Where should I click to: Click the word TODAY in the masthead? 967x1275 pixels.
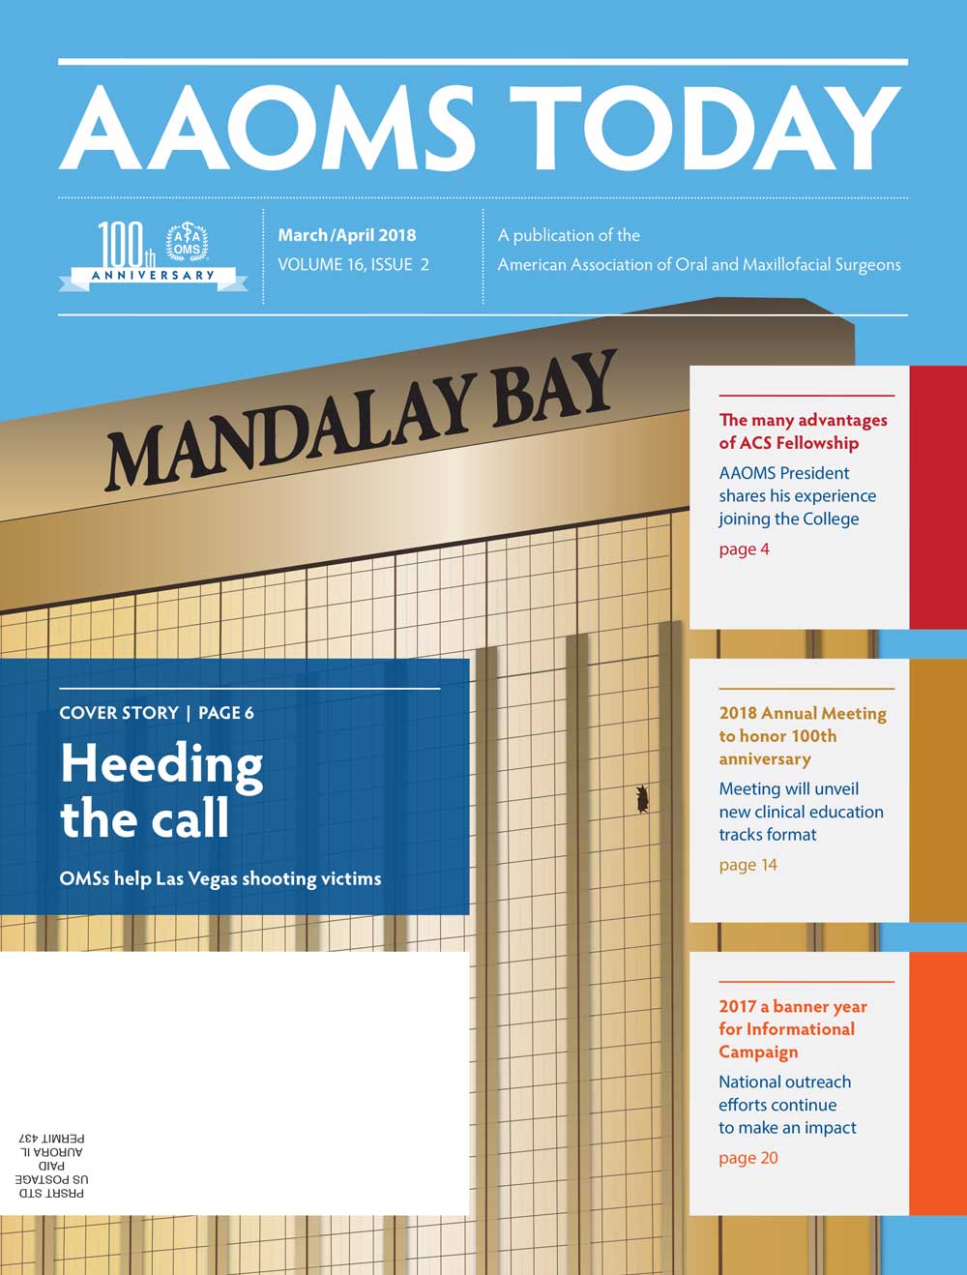704,130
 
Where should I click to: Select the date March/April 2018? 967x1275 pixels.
346,235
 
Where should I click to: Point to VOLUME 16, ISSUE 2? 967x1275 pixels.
353,264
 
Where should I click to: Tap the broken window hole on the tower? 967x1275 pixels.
641,798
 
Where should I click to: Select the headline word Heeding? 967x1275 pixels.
161,765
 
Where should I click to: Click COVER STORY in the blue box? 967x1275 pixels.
119,713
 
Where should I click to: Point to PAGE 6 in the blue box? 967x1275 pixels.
225,713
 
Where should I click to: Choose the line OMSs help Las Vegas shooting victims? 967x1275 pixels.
220,878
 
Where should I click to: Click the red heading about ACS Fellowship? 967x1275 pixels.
803,431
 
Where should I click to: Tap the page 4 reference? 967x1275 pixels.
744,549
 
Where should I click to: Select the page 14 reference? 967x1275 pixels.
747,865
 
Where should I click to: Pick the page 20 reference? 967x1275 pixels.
747,1158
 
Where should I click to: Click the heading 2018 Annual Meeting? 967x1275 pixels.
802,713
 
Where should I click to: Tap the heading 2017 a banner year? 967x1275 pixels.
792,1007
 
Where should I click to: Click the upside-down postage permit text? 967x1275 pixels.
50,1166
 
